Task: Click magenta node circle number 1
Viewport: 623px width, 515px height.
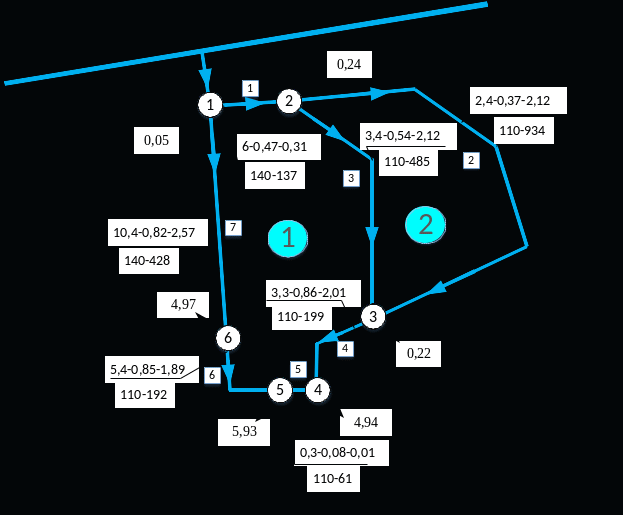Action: (x=210, y=104)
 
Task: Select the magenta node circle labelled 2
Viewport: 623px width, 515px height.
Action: (x=289, y=100)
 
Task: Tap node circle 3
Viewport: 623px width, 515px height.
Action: (x=373, y=317)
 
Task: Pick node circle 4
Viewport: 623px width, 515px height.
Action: (x=317, y=389)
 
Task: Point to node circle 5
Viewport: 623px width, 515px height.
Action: (x=281, y=389)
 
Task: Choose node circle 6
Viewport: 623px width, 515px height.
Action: (x=228, y=338)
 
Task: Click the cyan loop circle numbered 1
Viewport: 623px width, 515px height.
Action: (x=288, y=238)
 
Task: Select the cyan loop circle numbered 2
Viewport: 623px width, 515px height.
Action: (x=425, y=224)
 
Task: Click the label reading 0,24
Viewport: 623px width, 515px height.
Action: (x=349, y=64)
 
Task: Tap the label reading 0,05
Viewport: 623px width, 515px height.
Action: (x=156, y=140)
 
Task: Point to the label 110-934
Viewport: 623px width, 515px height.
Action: (x=523, y=131)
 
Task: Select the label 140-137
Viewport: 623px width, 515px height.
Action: (x=274, y=176)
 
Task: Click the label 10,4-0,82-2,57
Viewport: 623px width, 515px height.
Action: (x=157, y=232)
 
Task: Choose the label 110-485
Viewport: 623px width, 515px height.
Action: (x=407, y=162)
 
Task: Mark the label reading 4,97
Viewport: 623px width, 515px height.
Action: (x=183, y=305)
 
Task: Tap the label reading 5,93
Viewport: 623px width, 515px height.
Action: (x=244, y=432)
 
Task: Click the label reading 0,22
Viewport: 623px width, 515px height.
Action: (x=418, y=354)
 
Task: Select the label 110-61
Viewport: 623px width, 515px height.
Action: (x=333, y=479)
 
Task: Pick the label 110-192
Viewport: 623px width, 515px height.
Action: (x=145, y=395)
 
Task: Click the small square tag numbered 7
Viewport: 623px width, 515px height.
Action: (x=234, y=227)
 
